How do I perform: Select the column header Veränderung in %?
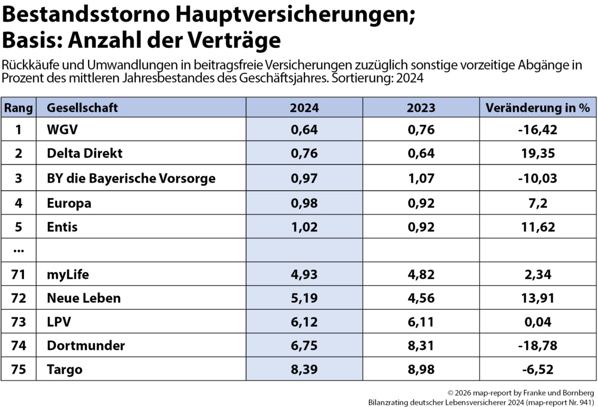537,108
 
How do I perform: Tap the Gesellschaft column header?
82,108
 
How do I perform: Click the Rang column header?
18,108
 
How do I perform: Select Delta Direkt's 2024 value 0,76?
304,153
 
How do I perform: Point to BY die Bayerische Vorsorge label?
131,178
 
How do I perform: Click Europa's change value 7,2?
537,203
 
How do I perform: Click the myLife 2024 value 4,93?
304,274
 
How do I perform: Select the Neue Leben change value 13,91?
537,298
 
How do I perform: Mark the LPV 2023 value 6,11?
421,322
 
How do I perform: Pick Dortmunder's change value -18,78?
537,346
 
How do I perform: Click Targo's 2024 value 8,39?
304,370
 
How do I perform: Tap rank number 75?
18,370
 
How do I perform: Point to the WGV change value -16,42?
537,129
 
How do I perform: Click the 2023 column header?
421,108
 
